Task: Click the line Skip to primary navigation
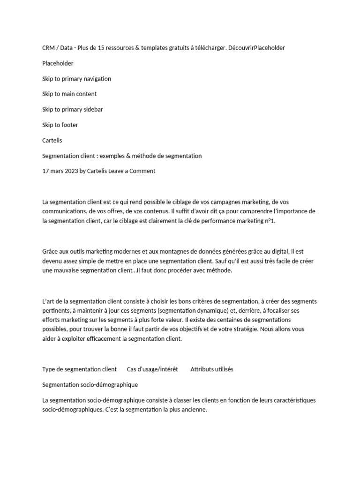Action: (x=76, y=79)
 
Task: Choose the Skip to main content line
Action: (x=69, y=94)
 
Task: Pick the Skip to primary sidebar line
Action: (x=73, y=110)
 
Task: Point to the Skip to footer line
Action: (x=60, y=125)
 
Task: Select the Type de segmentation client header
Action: (x=79, y=369)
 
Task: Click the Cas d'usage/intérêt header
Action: (x=152, y=369)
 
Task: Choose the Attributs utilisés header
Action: (x=212, y=369)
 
